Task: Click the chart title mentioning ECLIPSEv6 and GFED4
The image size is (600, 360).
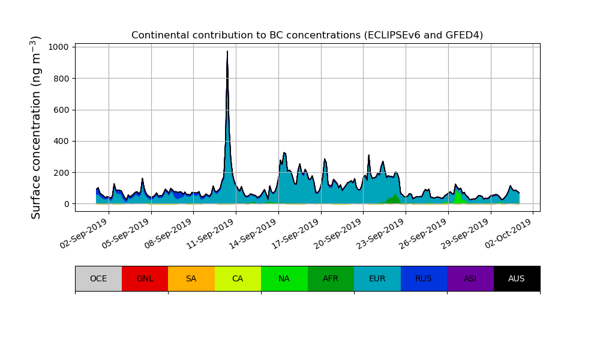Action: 307,35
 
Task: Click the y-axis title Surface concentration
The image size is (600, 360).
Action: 36,127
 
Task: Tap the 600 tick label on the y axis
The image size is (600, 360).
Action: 63,110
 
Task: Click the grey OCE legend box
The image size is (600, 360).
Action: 98,278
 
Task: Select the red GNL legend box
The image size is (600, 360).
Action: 145,278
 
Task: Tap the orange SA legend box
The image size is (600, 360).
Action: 191,278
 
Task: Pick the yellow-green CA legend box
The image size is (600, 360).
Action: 238,278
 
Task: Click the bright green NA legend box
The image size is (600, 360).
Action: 284,278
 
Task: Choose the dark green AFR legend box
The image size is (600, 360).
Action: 331,278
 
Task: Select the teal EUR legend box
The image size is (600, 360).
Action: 377,278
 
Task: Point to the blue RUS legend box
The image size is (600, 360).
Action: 424,278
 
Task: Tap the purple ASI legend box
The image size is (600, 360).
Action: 470,278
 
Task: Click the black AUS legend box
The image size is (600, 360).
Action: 517,278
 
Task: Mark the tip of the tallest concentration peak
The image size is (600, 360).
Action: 227,52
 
